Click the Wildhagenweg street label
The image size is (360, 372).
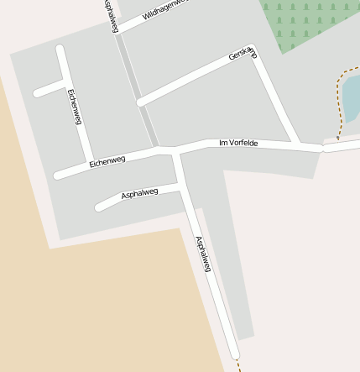[x=164, y=9]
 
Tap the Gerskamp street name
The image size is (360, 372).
[x=243, y=55]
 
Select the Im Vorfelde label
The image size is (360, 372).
[x=237, y=144]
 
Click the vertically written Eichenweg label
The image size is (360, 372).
[x=75, y=107]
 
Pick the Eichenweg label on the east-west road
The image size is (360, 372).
[x=107, y=160]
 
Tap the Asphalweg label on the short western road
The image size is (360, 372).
[x=139, y=194]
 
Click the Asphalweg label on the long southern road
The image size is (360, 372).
[x=203, y=254]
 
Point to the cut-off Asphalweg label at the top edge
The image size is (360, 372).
[x=111, y=15]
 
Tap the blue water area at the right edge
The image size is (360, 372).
[x=352, y=97]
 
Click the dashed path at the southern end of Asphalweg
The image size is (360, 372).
[x=237, y=364]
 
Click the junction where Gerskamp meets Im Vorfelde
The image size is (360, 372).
[x=297, y=144]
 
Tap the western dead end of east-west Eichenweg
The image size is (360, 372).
[x=57, y=176]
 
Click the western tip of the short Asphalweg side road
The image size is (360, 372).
[x=99, y=206]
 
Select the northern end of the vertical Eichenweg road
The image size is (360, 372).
[x=60, y=49]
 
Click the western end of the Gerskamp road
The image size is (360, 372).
[x=140, y=102]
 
